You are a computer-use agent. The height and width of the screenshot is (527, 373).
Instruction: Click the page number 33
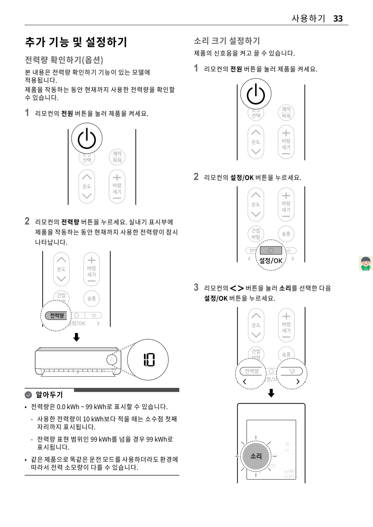point(338,19)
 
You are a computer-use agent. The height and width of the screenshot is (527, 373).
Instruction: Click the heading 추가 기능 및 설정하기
point(76,42)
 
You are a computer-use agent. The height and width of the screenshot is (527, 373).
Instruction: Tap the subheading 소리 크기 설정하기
point(227,41)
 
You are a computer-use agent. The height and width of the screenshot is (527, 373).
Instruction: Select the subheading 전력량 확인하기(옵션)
point(64,60)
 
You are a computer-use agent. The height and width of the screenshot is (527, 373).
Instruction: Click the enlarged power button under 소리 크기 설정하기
point(256,94)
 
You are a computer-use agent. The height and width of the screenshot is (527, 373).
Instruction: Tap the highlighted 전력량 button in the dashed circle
point(57,316)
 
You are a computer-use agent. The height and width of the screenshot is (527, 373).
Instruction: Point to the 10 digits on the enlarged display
point(149,360)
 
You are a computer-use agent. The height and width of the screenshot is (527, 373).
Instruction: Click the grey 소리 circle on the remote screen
point(256,456)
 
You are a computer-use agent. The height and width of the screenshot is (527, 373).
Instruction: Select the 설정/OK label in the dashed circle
point(271,261)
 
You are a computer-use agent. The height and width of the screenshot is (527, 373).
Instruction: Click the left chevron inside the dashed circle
point(245,381)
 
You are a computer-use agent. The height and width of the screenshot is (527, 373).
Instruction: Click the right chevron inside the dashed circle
point(298,381)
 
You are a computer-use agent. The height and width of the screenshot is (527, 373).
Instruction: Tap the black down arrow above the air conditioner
point(76,337)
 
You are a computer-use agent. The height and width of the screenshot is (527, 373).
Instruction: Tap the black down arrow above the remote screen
point(272,393)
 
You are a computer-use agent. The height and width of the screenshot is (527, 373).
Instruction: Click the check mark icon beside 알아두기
point(28,395)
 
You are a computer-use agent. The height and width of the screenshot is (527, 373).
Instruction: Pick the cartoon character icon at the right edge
point(366,263)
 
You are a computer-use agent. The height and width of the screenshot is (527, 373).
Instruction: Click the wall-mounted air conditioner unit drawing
point(78,361)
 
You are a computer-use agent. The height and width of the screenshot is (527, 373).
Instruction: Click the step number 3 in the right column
point(196,287)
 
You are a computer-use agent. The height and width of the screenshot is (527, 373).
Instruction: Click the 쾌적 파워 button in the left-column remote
point(117,157)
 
